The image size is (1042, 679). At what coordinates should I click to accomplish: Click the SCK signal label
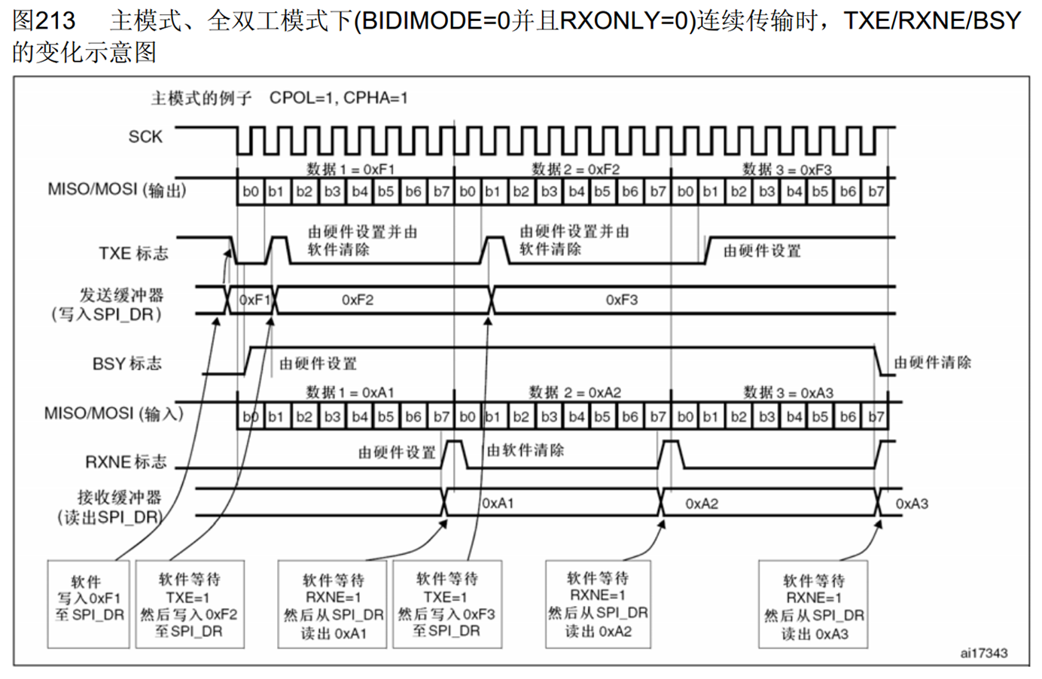point(145,136)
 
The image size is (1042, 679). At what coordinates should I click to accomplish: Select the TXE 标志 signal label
point(133,253)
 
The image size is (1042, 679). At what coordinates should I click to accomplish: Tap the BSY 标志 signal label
point(126,364)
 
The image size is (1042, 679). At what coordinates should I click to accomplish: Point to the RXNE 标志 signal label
point(125,461)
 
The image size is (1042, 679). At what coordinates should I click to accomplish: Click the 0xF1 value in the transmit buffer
point(254,300)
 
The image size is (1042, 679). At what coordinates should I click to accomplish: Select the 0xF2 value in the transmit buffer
point(357,300)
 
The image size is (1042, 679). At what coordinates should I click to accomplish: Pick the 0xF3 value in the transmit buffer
point(621,300)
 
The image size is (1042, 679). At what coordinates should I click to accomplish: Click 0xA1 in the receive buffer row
point(498,503)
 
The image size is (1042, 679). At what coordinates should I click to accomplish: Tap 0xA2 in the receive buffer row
point(702,503)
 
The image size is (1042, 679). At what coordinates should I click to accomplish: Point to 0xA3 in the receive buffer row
point(911,503)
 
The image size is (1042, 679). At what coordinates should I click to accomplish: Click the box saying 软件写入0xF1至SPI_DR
point(89,603)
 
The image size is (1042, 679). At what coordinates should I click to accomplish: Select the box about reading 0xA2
point(598,604)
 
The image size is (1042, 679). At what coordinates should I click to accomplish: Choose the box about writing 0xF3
point(446,604)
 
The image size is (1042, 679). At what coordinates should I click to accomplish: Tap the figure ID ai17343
point(983,653)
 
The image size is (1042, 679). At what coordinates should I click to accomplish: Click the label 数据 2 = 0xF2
point(575,169)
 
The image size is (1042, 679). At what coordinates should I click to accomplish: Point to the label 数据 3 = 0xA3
point(788,392)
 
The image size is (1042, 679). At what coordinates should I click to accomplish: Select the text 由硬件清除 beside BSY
point(932,363)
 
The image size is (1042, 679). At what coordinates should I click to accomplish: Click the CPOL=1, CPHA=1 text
point(338,98)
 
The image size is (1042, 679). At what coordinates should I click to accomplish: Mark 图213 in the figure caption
point(44,20)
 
